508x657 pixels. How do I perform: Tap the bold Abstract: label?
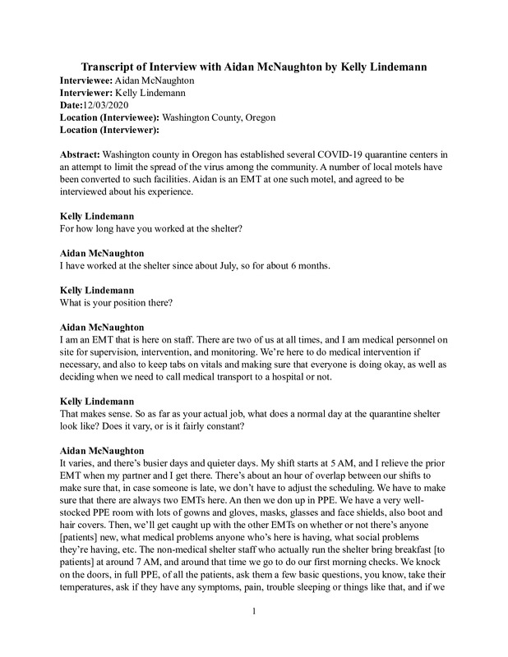[85, 154]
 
